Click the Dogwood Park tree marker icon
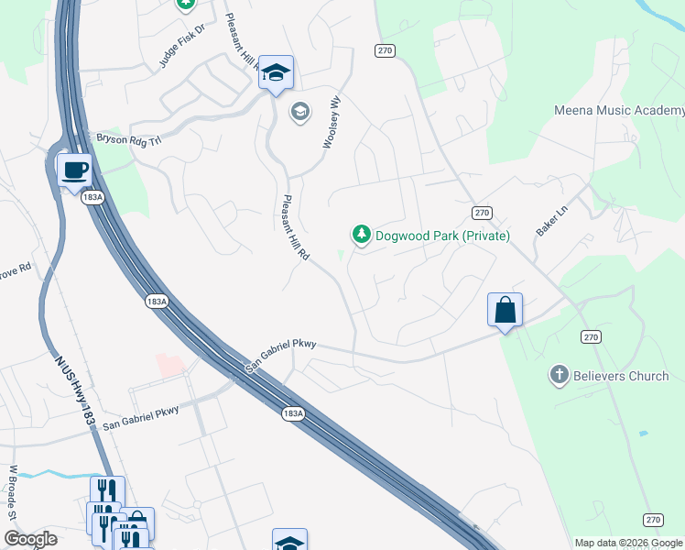(362, 236)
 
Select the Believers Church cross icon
(559, 375)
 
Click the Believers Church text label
(621, 376)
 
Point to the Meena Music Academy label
(619, 111)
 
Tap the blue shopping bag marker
(505, 311)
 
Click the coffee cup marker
(74, 170)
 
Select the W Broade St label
(14, 492)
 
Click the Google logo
(30, 540)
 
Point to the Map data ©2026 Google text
(627, 543)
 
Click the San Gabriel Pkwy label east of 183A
(281, 357)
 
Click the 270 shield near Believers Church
(591, 337)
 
